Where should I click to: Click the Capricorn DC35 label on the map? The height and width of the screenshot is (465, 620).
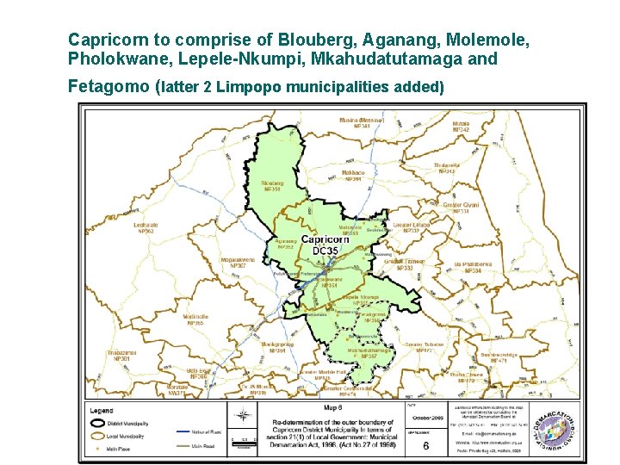(x=325, y=245)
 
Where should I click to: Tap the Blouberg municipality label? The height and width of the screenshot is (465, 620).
(x=271, y=185)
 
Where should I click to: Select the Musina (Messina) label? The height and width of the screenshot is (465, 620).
(x=361, y=122)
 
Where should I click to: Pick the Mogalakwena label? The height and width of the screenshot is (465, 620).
(x=238, y=262)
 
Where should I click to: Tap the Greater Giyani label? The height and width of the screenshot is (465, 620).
(x=462, y=208)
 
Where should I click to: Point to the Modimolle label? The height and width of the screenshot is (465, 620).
(x=195, y=319)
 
